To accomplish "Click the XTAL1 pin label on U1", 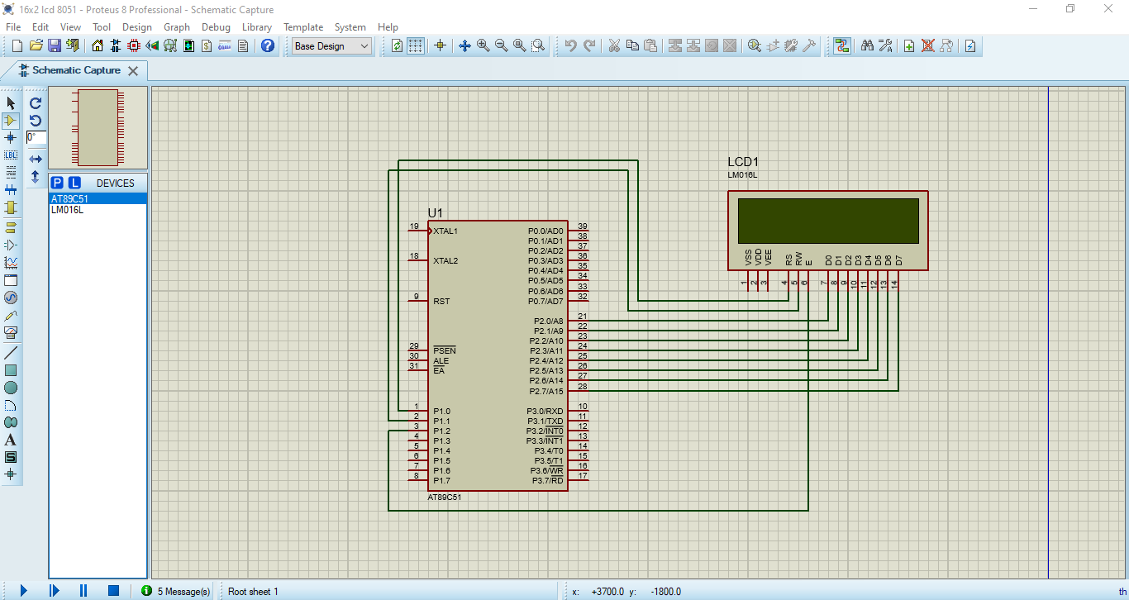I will (445, 231).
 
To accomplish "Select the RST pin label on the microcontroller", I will (441, 302).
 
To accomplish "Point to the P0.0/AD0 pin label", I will (545, 231).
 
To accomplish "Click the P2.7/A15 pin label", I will (546, 392).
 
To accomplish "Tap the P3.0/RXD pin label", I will (545, 412).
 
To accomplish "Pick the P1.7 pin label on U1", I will (441, 481).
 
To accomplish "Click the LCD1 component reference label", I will (742, 162).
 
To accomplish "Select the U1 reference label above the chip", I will (435, 213).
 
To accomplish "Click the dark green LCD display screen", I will (827, 221).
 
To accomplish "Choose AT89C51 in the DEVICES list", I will (70, 199).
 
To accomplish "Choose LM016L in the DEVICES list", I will (68, 210).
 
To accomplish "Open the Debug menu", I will (216, 27).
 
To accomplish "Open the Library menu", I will (256, 27).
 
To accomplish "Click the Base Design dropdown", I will (332, 46).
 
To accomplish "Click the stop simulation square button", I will (113, 590).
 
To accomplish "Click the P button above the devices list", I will (57, 183).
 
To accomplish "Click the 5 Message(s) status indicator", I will (176, 591).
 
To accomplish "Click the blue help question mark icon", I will (268, 46).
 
